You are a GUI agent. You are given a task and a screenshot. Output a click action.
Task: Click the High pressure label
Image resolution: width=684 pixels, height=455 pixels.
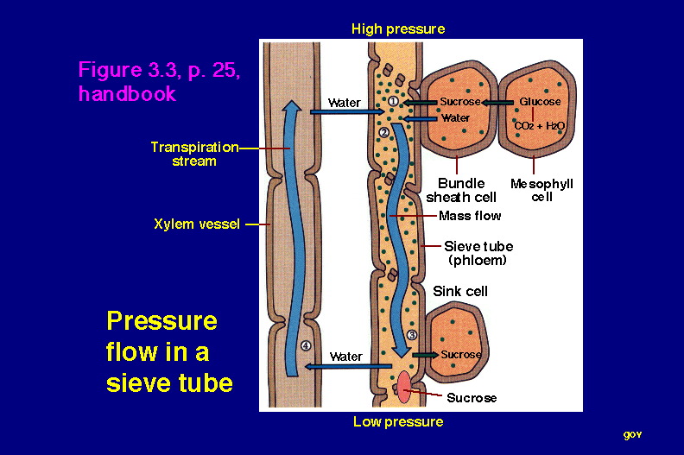[398, 29]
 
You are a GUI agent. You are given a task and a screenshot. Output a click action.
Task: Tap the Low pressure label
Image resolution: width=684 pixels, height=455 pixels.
[398, 422]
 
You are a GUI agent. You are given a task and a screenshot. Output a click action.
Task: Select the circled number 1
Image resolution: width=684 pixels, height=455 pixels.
[394, 102]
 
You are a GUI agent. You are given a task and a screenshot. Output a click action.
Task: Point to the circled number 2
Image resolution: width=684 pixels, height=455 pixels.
[383, 132]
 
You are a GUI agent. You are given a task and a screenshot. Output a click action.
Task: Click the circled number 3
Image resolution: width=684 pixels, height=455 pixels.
[412, 335]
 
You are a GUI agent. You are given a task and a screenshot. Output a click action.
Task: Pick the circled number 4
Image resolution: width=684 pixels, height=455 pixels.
[306, 346]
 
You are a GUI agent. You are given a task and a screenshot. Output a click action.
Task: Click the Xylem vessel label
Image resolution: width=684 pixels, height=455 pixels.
[197, 224]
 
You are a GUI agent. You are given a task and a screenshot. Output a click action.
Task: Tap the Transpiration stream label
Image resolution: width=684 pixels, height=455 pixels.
[194, 154]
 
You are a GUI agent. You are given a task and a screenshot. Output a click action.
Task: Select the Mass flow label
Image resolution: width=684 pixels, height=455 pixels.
[470, 216]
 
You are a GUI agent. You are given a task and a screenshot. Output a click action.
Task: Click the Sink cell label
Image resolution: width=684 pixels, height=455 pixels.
[460, 292]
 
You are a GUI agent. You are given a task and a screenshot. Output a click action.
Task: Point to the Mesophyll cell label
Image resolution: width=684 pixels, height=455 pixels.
[541, 190]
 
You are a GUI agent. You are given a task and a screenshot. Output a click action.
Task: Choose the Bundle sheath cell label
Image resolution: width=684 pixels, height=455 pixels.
[461, 190]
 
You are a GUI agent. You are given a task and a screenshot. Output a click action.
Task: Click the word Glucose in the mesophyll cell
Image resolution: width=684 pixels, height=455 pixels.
[540, 102]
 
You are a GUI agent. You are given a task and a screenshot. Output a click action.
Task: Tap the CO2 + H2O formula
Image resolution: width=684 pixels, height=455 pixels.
[540, 126]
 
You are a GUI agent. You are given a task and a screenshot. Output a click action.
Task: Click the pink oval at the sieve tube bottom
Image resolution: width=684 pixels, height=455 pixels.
[404, 387]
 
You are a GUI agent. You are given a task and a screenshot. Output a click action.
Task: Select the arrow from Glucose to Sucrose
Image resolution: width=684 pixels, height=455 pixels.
[497, 103]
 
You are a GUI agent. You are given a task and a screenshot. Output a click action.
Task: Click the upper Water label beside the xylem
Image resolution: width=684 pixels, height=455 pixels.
[345, 103]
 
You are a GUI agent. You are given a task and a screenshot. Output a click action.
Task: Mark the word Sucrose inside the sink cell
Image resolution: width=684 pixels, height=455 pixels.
[461, 354]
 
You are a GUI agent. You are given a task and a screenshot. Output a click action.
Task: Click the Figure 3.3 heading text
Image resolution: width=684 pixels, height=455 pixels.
[159, 81]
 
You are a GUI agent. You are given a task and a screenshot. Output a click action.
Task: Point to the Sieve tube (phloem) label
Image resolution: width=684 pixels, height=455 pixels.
[478, 254]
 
